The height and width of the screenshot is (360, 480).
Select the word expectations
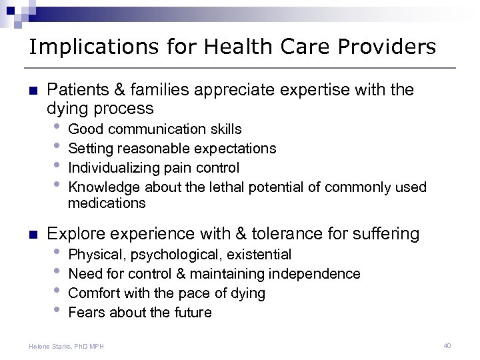click(x=234, y=148)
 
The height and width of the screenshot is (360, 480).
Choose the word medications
click(x=107, y=203)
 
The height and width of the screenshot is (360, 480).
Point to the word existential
click(x=259, y=254)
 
